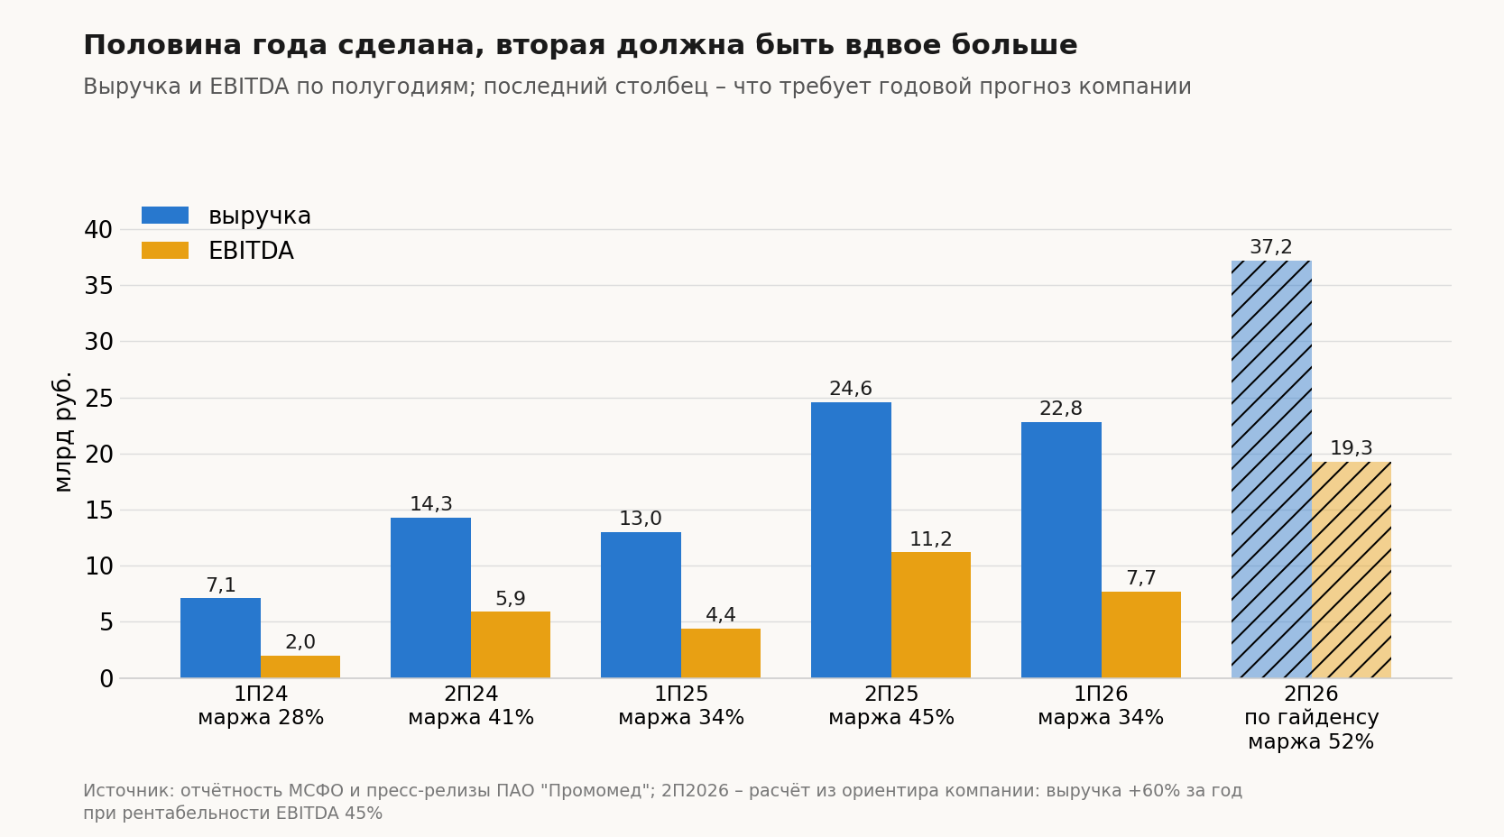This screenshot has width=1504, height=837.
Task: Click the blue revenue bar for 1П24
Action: point(220,638)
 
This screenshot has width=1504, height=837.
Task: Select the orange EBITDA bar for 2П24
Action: point(511,644)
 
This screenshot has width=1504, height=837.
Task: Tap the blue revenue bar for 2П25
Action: point(851,539)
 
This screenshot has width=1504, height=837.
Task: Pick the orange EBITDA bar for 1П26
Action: point(1140,634)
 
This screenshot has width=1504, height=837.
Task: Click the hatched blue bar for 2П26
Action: point(1271,469)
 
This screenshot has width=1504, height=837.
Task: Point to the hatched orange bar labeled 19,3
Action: point(1351,569)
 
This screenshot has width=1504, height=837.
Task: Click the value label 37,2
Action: point(1271,247)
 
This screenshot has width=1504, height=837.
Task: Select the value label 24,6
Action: point(851,389)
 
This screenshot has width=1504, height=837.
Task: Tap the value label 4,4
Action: point(721,615)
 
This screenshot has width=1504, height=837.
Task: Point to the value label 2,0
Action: point(300,642)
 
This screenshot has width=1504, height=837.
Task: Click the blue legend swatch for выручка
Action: point(165,216)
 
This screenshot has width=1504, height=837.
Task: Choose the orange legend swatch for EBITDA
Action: point(165,251)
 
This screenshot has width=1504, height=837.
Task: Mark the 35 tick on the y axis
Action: point(98,286)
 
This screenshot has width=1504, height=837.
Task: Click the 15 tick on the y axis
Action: point(98,510)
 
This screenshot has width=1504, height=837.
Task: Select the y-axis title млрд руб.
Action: point(61,432)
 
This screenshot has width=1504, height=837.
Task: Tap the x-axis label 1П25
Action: point(681,694)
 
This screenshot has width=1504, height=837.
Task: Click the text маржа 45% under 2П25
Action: point(891,718)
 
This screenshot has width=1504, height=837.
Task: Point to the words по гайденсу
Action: point(1311,718)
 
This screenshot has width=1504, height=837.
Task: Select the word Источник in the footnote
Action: point(128,791)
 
